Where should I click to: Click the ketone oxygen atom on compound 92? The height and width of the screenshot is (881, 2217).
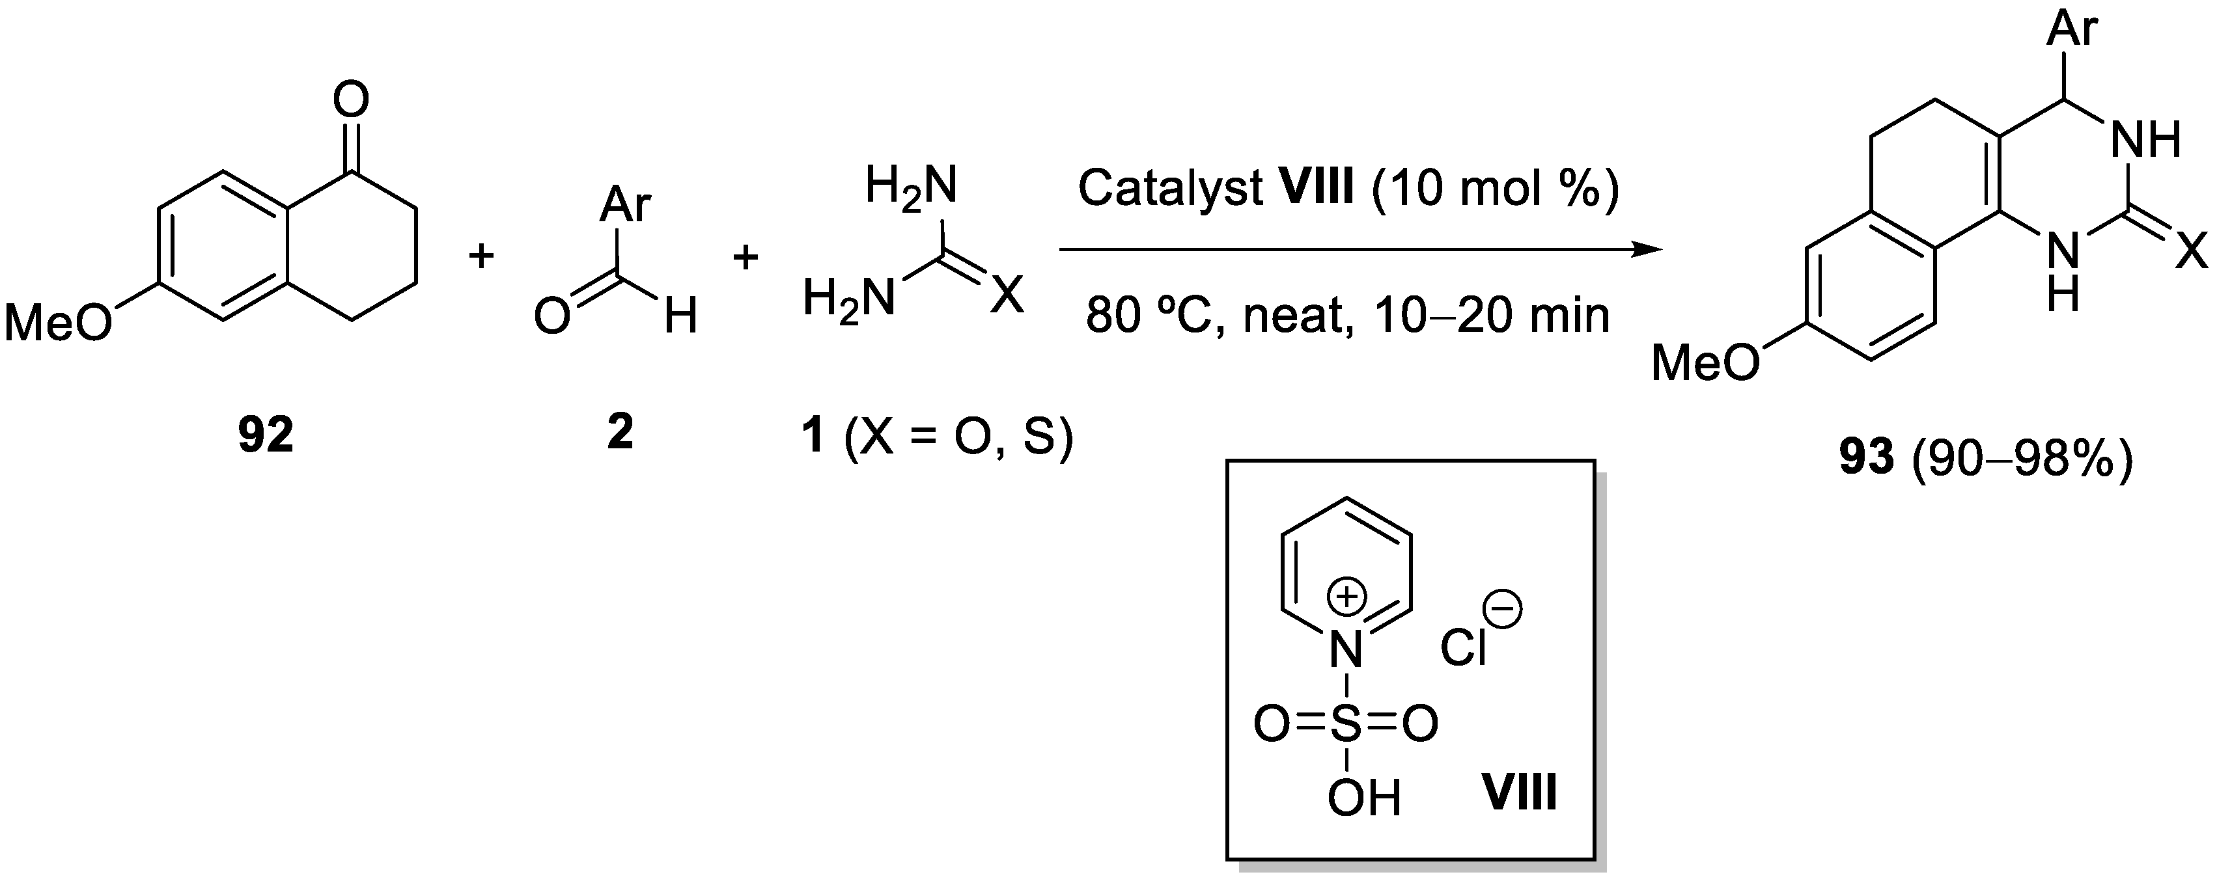tap(351, 101)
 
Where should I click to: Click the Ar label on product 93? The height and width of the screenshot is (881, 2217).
tap(2072, 29)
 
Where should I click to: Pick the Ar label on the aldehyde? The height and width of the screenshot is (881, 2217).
tap(626, 205)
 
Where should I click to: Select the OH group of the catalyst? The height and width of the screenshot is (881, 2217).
tap(1364, 798)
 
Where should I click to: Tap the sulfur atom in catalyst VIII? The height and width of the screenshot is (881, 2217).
tap(1347, 724)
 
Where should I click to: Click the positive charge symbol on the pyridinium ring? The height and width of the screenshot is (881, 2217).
tap(1347, 596)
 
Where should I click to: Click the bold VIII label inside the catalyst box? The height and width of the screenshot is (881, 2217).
tap(1519, 791)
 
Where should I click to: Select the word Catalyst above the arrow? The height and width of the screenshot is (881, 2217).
tap(1171, 187)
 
